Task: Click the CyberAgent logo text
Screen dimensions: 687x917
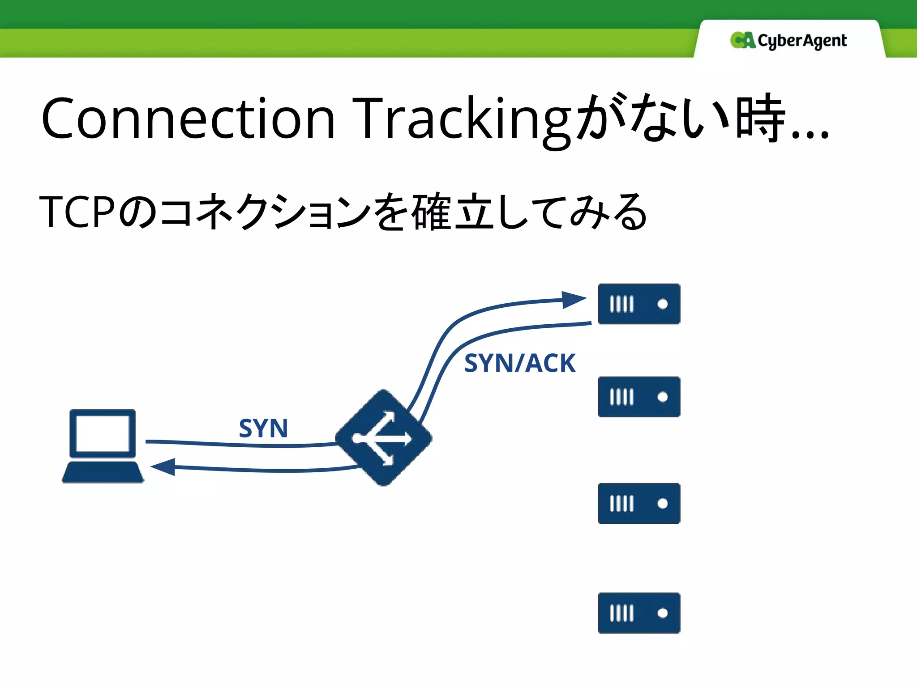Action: click(801, 41)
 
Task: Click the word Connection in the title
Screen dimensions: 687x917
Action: click(188, 119)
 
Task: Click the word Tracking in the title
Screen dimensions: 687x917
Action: click(461, 119)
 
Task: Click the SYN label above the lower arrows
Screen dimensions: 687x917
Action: click(263, 428)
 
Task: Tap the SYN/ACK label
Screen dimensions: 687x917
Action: click(519, 363)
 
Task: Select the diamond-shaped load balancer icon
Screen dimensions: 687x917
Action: click(384, 437)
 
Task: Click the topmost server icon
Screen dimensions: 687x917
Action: click(639, 304)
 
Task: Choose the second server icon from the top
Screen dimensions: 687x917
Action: click(639, 397)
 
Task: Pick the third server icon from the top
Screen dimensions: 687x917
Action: click(639, 503)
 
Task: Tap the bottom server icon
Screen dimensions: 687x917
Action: click(639, 613)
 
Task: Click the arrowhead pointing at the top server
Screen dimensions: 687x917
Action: click(573, 299)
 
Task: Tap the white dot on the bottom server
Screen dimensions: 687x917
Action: click(663, 613)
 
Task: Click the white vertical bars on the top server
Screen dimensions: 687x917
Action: click(621, 304)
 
